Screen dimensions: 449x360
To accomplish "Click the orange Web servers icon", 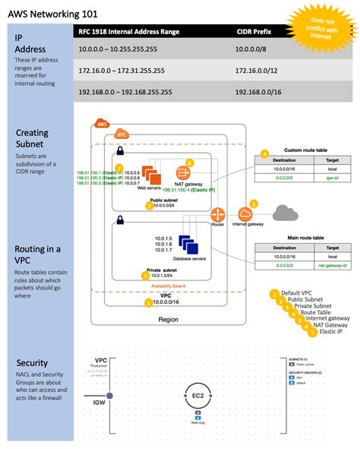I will coord(150,174).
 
